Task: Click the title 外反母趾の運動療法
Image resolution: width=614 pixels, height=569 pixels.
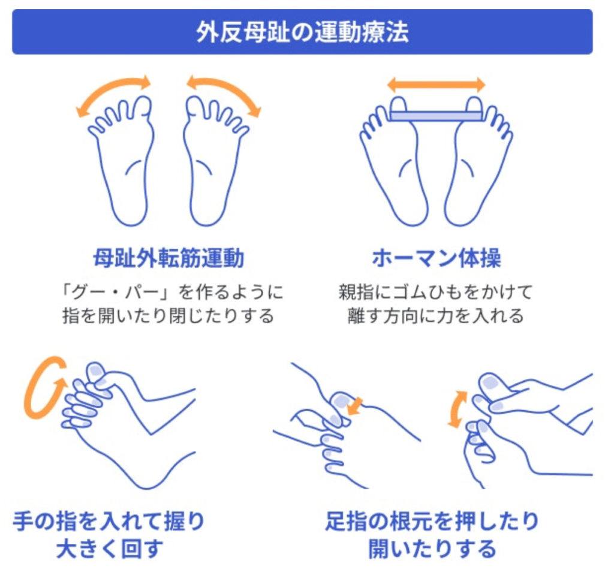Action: pyautogui.click(x=302, y=32)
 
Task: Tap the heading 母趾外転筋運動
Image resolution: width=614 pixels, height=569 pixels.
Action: pyautogui.click(x=168, y=258)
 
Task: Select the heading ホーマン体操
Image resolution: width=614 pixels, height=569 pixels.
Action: pyautogui.click(x=437, y=258)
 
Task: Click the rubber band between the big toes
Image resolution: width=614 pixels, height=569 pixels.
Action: pyautogui.click(x=437, y=116)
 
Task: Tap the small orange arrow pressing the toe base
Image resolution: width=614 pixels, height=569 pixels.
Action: pyautogui.click(x=355, y=406)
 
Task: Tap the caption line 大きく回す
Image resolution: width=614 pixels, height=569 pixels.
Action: pyautogui.click(x=110, y=549)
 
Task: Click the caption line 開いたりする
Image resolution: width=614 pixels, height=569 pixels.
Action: pyautogui.click(x=432, y=549)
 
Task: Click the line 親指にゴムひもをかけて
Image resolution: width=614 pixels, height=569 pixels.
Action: pyautogui.click(x=436, y=293)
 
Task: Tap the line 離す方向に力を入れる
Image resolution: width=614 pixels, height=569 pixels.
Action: pyautogui.click(x=436, y=316)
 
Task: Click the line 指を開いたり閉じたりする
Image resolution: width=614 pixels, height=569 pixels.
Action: pyautogui.click(x=168, y=316)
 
